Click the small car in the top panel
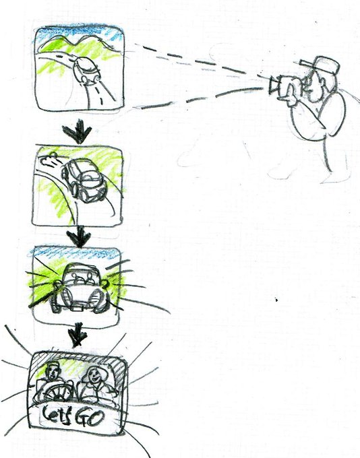[86, 71]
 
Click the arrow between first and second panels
[78, 132]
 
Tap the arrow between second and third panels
[78, 237]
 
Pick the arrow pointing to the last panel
[78, 335]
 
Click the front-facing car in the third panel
[80, 288]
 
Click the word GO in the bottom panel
[90, 418]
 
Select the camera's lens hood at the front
[272, 85]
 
